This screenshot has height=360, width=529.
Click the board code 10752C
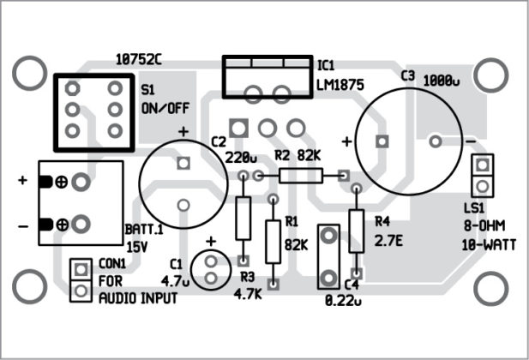tap(138, 59)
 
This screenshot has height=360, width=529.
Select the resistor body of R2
tap(301, 176)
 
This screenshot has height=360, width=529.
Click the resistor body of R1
tap(274, 240)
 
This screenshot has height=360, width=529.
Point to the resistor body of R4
tap(357, 230)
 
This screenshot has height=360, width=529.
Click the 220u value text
tap(241, 158)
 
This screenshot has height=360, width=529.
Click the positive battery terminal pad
tap(81, 182)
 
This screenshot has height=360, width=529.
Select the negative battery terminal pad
tap(81, 225)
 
